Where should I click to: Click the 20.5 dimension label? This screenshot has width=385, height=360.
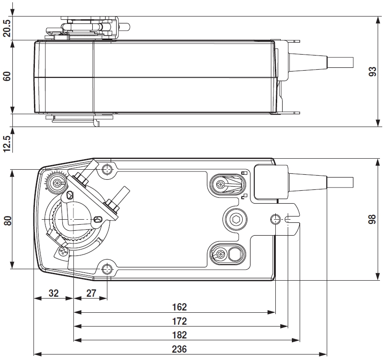[7, 28]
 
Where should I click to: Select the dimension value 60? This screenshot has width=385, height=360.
[7, 76]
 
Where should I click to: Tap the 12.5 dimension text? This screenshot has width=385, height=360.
[7, 142]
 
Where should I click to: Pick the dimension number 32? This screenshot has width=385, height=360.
[54, 293]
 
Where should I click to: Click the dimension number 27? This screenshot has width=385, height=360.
[91, 293]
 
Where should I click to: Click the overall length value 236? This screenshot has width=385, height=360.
[179, 349]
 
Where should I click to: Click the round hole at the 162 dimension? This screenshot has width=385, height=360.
[275, 219]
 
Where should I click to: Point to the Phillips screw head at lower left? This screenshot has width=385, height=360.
[62, 251]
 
